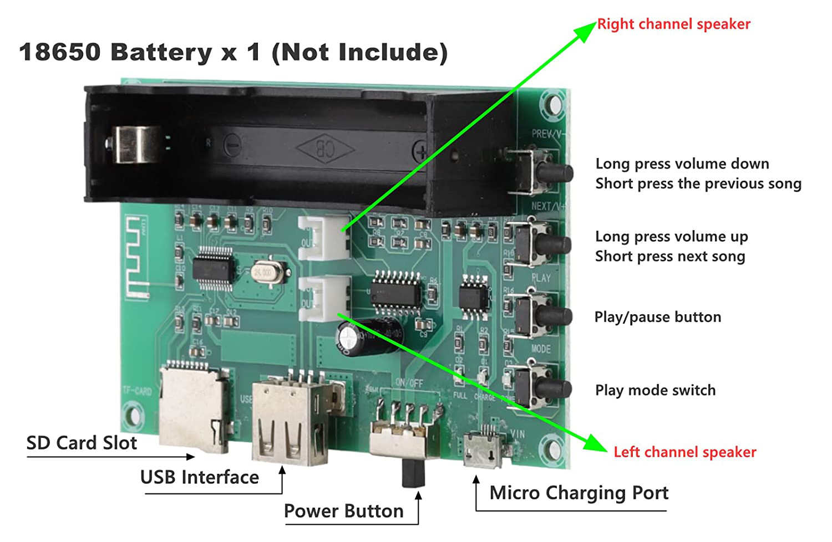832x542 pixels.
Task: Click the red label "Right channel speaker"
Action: point(673,24)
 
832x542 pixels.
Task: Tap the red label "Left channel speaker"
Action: point(684,452)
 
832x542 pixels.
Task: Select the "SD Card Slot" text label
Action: point(82,443)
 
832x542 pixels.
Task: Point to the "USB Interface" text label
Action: point(200,477)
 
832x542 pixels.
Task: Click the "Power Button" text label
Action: point(343,511)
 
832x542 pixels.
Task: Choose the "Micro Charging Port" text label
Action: point(579,493)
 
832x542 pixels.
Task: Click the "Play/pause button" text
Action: point(658,317)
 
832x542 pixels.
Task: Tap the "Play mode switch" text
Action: point(655,390)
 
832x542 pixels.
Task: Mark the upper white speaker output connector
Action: point(324,237)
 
